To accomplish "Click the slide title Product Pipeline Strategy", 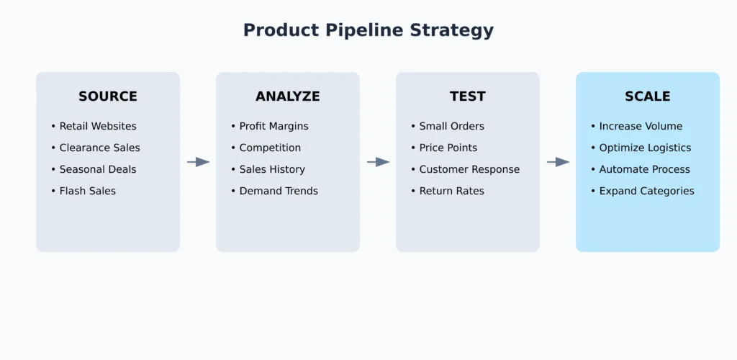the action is tap(368, 30).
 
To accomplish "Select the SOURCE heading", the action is tap(108, 96).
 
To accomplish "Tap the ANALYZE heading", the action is tap(288, 96).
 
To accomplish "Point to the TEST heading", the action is tap(468, 96).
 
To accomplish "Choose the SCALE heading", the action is tap(648, 96).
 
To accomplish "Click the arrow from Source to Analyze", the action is tap(199, 162).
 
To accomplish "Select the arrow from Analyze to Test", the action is tap(379, 162).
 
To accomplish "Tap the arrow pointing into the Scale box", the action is tap(559, 162).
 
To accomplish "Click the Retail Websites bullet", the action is tap(94, 126).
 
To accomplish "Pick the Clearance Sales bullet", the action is tap(96, 148).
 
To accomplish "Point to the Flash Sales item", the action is tap(83, 191).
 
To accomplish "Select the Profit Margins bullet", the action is tap(270, 127).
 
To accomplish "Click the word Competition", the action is tap(271, 148).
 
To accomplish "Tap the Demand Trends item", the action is tap(274, 191).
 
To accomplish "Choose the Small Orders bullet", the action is tap(448, 126).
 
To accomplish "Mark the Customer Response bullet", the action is tap(466, 170).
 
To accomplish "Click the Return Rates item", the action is tap(448, 191).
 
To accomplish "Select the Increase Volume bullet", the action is tap(636, 126).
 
